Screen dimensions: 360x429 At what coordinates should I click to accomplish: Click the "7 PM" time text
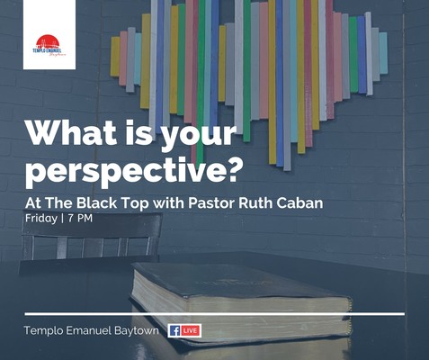click(79, 219)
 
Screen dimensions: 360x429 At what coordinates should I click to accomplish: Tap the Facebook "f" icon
click(174, 330)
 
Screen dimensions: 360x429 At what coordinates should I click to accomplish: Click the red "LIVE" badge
click(191, 330)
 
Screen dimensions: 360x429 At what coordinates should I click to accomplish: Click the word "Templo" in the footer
click(43, 330)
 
